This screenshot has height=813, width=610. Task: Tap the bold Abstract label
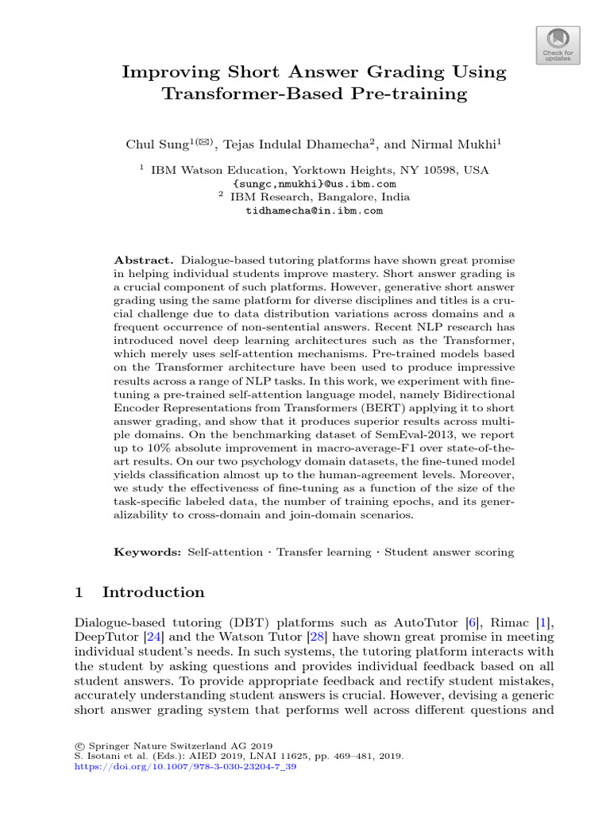click(144, 260)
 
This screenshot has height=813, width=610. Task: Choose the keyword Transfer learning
click(323, 552)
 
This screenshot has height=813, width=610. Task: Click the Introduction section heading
click(153, 592)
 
